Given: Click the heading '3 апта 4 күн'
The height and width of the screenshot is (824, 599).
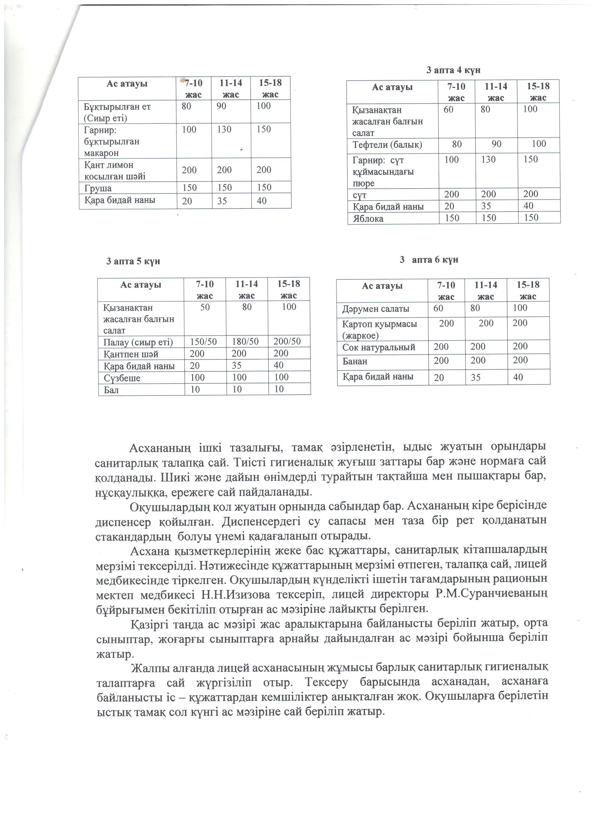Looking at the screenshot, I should pos(453,70).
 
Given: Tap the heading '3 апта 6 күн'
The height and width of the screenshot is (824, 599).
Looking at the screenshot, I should pos(429,260).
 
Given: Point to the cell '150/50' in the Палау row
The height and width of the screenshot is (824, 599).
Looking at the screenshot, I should pos(203,342).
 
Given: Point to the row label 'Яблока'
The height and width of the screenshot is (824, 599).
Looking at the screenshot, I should pos(368,219).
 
